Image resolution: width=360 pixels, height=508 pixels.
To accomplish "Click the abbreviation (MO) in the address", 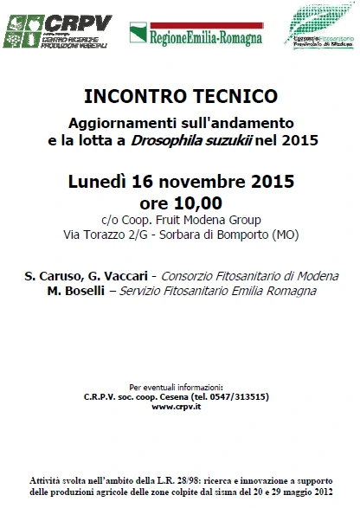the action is click(283, 235).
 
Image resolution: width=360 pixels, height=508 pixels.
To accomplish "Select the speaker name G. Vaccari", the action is click(118, 276).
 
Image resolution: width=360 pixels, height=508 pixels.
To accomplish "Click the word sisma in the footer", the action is click(247, 492).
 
